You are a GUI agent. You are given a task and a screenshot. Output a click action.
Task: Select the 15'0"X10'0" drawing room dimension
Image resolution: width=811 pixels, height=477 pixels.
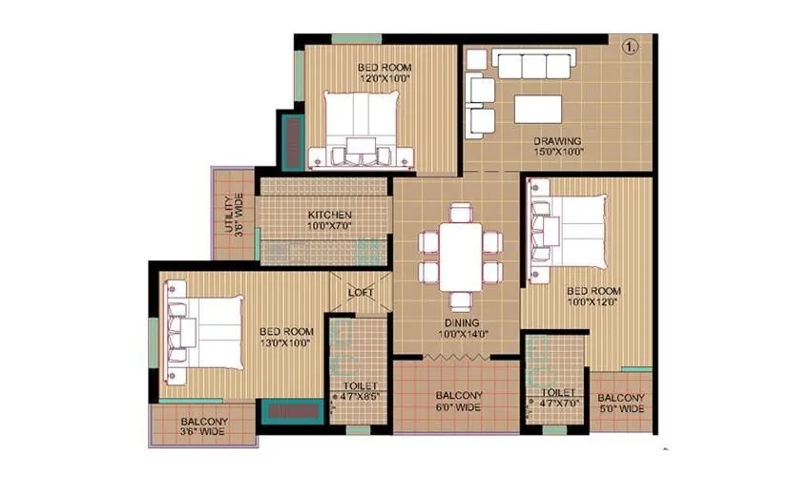pyautogui.click(x=557, y=153)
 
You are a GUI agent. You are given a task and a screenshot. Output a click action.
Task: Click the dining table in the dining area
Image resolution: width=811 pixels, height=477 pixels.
pyautogui.click(x=460, y=244)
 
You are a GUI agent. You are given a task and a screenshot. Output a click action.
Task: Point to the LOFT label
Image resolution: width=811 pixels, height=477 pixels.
pyautogui.click(x=360, y=292)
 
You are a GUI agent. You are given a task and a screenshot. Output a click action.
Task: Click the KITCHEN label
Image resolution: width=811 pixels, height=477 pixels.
pyautogui.click(x=330, y=215)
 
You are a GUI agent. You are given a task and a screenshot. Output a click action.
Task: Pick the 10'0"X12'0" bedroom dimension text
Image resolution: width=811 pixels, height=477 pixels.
pyautogui.click(x=593, y=301)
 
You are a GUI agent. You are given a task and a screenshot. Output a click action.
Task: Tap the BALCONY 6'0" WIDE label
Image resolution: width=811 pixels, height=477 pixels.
pyautogui.click(x=458, y=402)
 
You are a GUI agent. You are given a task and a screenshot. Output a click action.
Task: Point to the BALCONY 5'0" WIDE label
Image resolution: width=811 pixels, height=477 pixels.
pyautogui.click(x=621, y=404)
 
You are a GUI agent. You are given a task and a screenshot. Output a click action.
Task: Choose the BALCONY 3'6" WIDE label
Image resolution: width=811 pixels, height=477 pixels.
pyautogui.click(x=204, y=427)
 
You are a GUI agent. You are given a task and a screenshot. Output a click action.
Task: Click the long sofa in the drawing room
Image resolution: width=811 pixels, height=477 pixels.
pyautogui.click(x=530, y=65)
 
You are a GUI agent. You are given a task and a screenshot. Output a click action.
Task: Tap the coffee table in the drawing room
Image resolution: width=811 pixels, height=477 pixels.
pyautogui.click(x=538, y=108)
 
